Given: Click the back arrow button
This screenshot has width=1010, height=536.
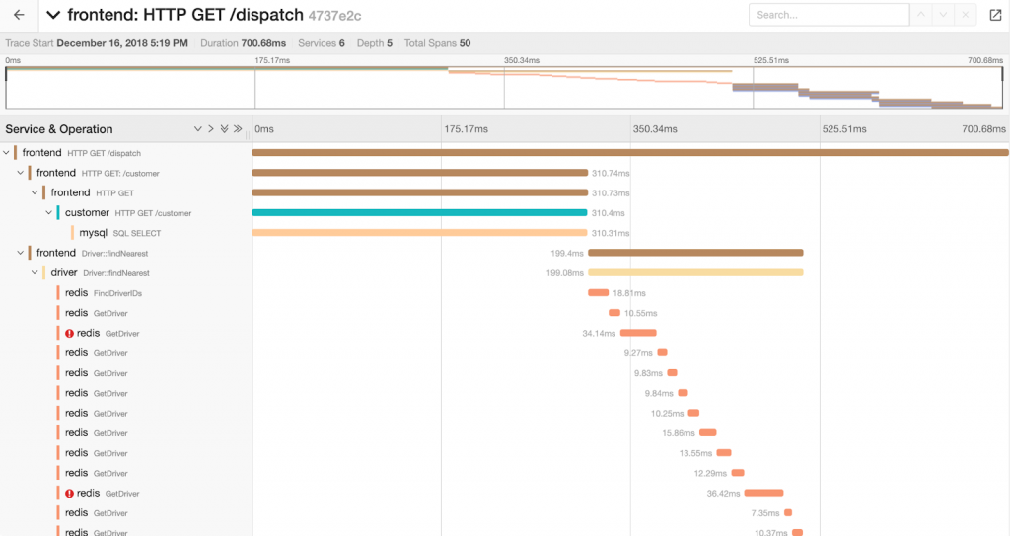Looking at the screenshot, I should point(19,15).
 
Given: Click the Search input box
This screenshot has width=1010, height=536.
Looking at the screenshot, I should point(829,15).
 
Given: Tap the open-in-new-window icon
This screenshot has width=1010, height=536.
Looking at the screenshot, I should point(994,15).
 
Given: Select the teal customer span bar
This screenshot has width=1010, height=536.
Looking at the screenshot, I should point(420,212).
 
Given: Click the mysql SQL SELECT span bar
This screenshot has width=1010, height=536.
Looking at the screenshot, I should point(420,233).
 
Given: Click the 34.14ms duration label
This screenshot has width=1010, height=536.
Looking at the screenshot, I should point(600,333).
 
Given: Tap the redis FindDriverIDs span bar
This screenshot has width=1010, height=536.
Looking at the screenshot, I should point(598,292).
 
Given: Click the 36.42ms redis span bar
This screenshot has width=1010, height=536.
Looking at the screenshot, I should point(763,493).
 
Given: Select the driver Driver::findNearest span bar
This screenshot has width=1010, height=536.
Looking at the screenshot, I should point(695,272).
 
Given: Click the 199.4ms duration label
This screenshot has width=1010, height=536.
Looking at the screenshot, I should point(567,253).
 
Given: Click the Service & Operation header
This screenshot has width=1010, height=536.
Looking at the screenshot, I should point(59,129).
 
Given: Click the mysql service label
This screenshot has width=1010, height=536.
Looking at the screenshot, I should point(93,233).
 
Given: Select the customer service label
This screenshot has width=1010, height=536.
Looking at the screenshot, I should point(87,212).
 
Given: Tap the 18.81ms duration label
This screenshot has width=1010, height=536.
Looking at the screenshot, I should point(628,293).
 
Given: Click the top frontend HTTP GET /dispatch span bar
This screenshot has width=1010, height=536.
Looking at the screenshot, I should point(630,152).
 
